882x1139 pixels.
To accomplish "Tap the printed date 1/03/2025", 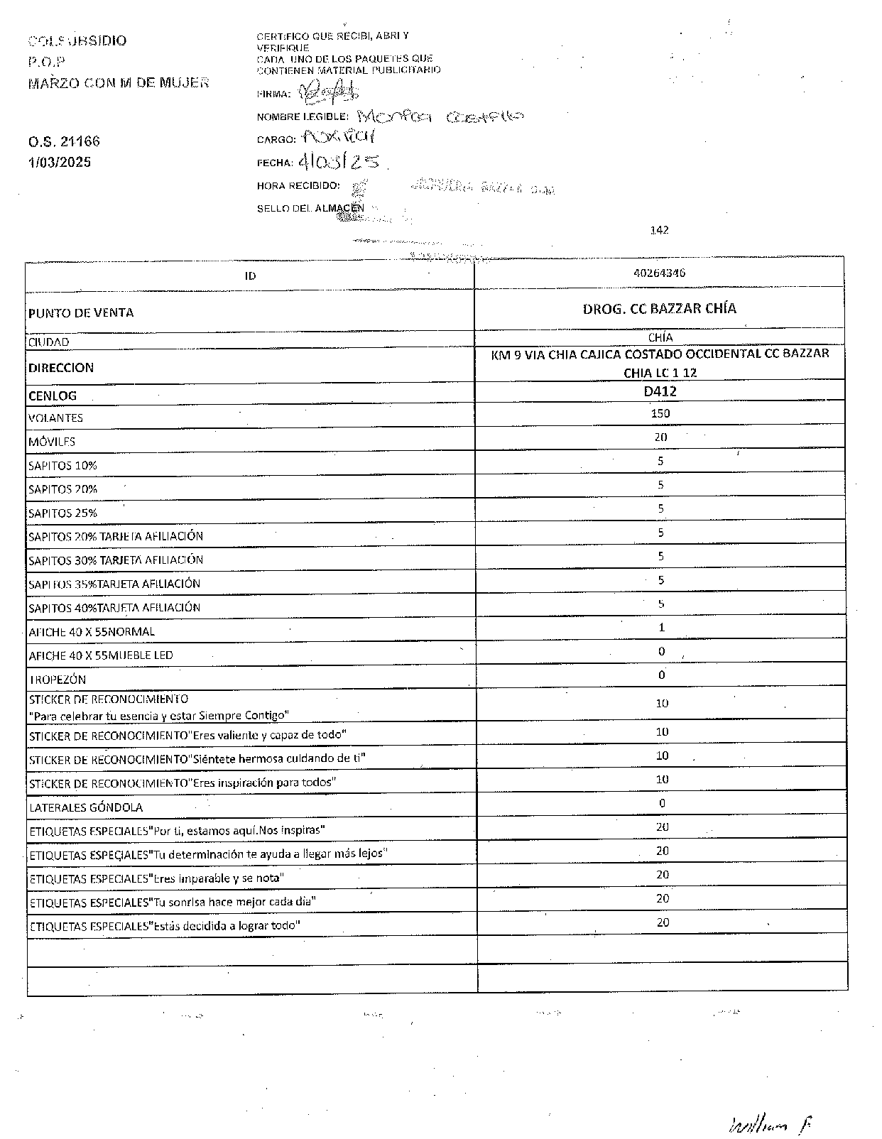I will [60, 163].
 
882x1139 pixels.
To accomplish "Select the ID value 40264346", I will [660, 273].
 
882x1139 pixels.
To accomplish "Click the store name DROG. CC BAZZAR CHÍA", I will [660, 309].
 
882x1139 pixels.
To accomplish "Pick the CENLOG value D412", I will [660, 391].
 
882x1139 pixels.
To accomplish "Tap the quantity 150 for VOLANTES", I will [660, 413].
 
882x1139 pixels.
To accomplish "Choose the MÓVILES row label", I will [52, 442].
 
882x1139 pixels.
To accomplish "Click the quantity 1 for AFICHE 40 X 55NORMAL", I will [662, 628].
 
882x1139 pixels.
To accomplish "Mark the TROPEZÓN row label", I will [58, 680].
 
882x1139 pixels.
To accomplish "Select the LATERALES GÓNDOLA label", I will [86, 807].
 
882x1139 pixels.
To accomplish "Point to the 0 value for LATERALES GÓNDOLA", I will [662, 803].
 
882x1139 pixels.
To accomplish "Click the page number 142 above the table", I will [659, 230].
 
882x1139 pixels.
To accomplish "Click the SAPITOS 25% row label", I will [62, 513].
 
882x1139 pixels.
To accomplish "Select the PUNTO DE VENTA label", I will [81, 313].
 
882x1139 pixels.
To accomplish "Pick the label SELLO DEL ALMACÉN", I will [310, 208].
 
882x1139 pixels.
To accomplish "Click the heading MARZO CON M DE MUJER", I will [119, 83].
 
